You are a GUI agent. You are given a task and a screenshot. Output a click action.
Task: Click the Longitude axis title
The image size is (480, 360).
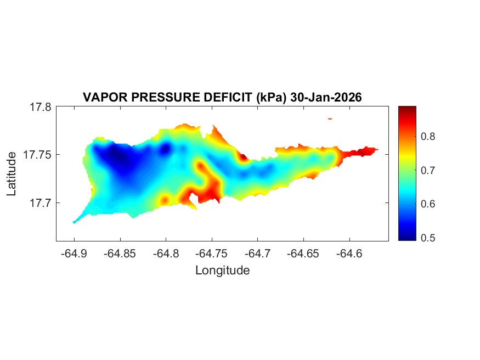[222, 271]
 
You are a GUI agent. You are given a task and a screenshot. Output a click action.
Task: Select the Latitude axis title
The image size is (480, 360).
[12, 174]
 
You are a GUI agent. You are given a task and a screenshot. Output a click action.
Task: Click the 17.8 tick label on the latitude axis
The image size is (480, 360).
[41, 107]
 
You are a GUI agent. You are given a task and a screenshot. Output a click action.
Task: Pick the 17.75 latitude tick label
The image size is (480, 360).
[38, 155]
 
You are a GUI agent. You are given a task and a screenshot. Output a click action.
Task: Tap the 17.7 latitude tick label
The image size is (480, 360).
[41, 203]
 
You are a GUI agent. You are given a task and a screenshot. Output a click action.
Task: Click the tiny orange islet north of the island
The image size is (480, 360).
[330, 118]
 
